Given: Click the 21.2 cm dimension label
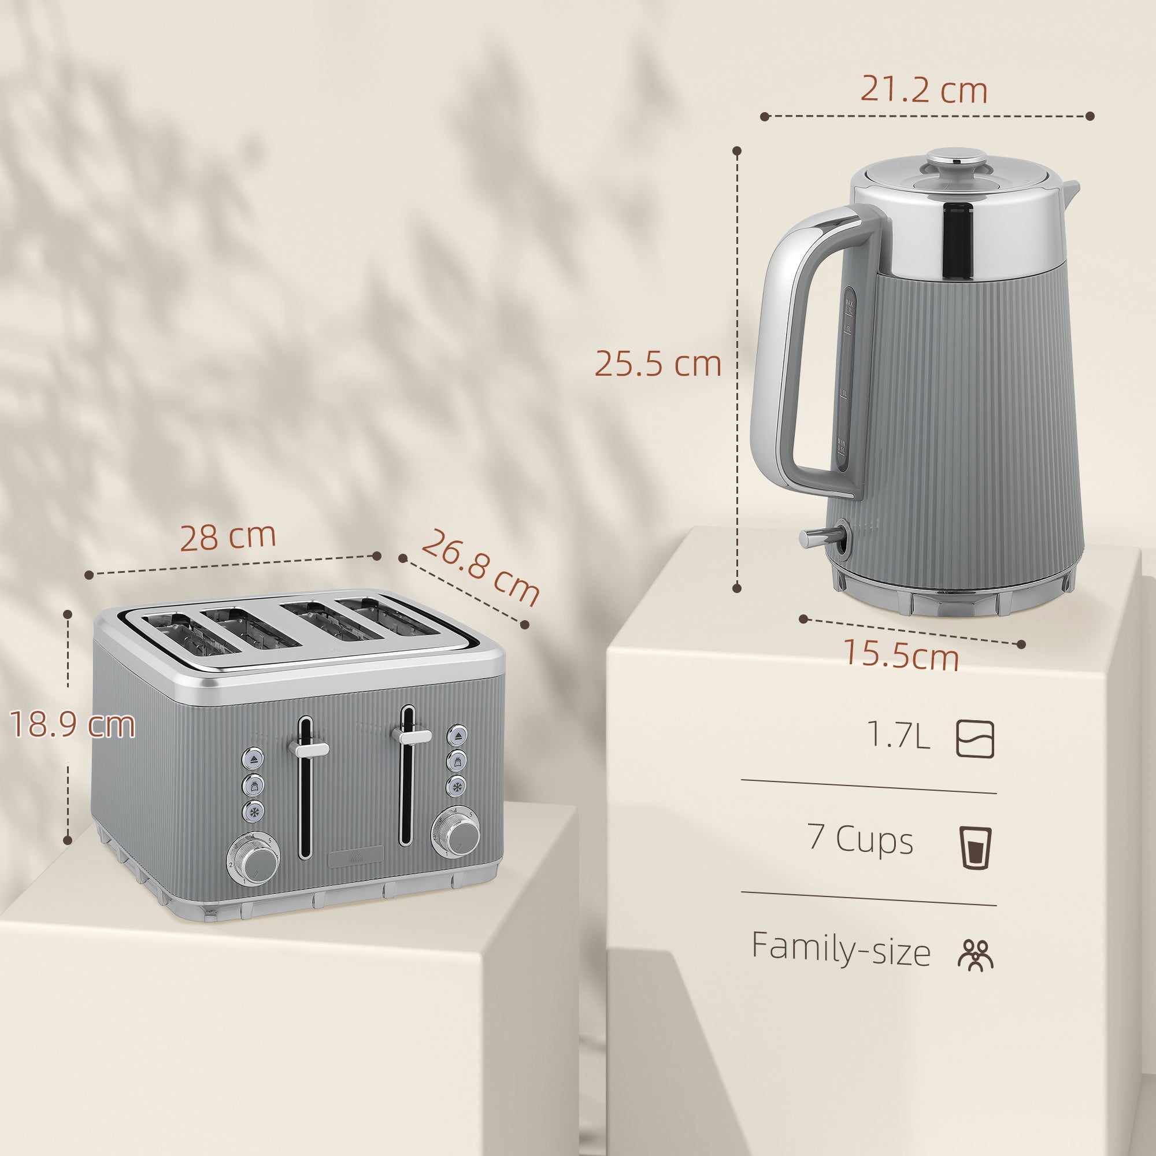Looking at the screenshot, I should point(923,91).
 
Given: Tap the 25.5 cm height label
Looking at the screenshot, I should point(658,363).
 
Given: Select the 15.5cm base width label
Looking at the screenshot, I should point(901,655).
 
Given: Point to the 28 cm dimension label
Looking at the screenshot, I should point(227,537).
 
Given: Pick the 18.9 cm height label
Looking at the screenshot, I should point(73,725).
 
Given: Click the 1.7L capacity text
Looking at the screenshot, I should point(899,736).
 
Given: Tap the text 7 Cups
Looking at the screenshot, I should point(861,839).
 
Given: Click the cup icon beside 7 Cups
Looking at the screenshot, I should point(976,847).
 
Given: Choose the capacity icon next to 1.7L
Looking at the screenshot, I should point(975,740).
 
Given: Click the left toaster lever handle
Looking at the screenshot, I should point(309,747).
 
